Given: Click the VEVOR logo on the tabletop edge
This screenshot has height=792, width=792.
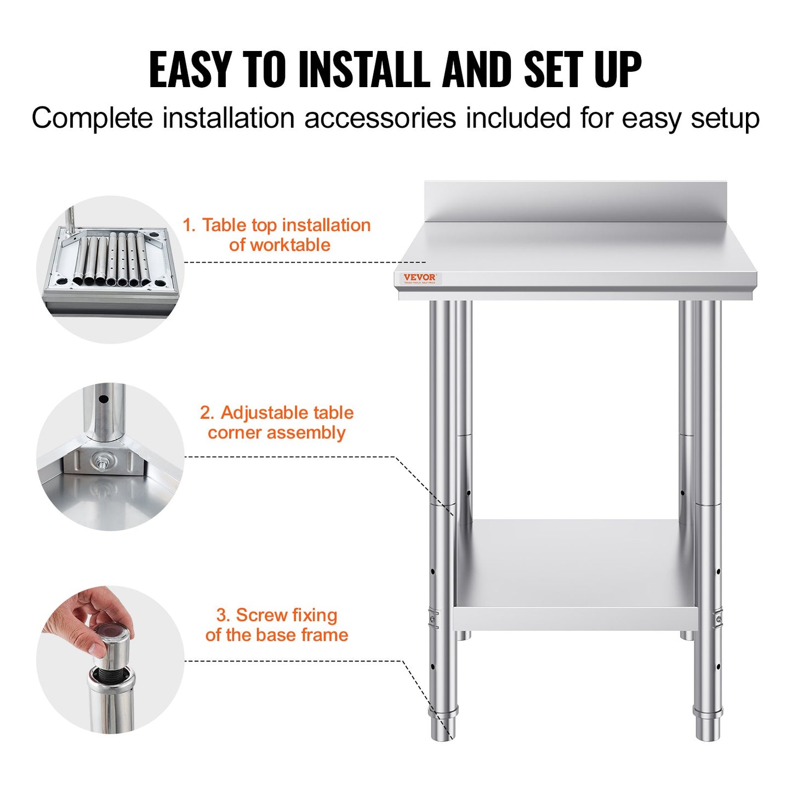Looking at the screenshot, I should click(419, 278).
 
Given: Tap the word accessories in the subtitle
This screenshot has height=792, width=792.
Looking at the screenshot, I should click(380, 118).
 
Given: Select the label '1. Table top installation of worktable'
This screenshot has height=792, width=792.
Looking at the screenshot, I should click(277, 235).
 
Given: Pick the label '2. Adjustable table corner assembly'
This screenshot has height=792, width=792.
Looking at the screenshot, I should click(277, 423).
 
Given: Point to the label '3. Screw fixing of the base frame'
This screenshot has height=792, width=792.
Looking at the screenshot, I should click(277, 625).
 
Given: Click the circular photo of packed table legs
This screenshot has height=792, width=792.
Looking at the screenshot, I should click(110, 269).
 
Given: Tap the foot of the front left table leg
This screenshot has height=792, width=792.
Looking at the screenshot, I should click(443, 726).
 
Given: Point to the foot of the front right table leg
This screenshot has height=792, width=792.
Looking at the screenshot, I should click(708, 726).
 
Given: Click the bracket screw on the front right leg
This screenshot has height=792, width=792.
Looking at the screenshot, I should click(719, 620).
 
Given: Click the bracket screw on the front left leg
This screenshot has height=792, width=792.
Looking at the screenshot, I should click(432, 620).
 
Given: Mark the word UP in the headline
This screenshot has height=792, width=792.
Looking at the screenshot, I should click(618, 70).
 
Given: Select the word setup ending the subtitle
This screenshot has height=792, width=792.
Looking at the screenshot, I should click(725, 118).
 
